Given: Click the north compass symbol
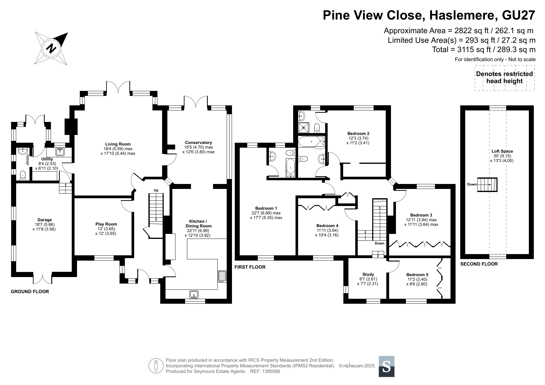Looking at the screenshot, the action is click(52, 48).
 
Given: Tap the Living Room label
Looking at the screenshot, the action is click(118, 144).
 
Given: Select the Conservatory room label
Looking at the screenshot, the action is click(198, 143).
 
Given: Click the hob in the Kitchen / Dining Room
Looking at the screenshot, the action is click(222, 276).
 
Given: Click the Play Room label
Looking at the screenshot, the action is click(106, 224).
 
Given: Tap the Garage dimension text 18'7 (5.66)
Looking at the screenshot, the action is click(44, 225).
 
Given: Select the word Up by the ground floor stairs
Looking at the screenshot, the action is click(156, 190).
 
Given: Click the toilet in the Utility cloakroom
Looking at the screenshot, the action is click(23, 176).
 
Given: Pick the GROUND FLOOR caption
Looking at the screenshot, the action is click(30, 292).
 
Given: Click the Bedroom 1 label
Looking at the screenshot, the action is click(266, 208).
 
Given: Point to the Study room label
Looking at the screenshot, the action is click(368, 274).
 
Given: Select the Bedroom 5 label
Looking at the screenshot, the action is click(417, 275).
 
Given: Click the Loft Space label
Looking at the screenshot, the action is click(502, 151).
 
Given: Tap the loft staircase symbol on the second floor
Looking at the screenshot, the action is click(487, 185).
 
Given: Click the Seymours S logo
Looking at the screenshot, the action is click(387, 366).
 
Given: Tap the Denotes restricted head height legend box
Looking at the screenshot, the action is click(505, 78).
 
